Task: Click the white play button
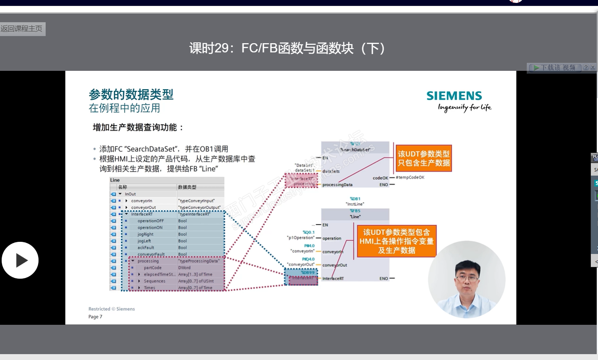(x=20, y=260)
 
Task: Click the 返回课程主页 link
(x=22, y=29)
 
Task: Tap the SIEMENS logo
(x=454, y=96)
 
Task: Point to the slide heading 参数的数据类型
(x=131, y=94)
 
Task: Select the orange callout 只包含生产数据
(x=423, y=158)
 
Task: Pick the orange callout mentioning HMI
(x=396, y=241)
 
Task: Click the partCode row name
(x=152, y=268)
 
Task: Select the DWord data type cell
(x=184, y=268)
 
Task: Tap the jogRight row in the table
(x=145, y=234)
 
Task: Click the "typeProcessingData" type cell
(x=199, y=261)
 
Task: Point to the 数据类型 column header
(x=187, y=187)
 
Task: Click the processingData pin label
(x=337, y=185)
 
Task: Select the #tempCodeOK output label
(x=410, y=178)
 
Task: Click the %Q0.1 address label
(x=309, y=232)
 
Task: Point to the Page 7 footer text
(x=95, y=317)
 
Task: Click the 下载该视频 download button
(x=554, y=67)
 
